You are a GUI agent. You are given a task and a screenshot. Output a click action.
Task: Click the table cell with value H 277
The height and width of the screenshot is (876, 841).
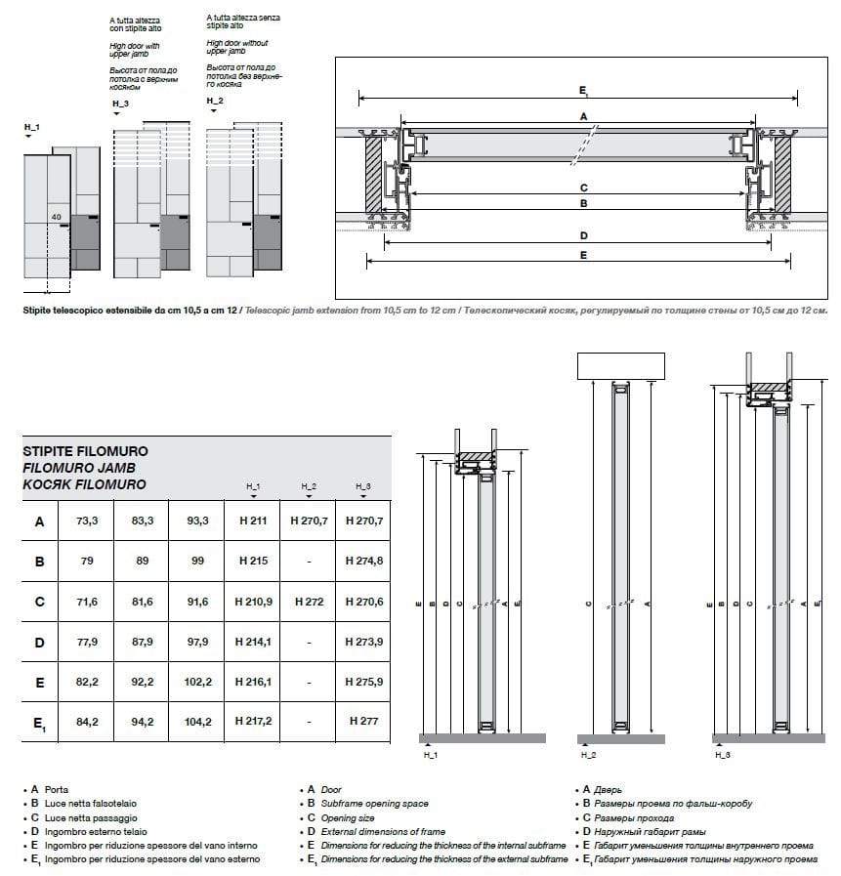click(x=363, y=722)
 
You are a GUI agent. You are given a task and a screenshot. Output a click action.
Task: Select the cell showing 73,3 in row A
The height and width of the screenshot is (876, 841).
click(x=87, y=521)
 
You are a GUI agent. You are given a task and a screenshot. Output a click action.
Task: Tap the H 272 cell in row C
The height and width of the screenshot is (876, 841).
click(x=308, y=602)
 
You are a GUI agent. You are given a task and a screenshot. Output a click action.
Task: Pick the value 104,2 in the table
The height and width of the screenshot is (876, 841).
click(x=196, y=722)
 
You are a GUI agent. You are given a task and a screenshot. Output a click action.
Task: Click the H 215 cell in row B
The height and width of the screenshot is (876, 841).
click(x=252, y=562)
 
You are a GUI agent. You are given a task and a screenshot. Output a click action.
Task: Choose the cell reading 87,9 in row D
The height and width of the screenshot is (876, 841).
click(x=143, y=642)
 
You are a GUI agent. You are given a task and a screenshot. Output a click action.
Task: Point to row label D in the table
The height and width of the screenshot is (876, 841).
click(x=39, y=642)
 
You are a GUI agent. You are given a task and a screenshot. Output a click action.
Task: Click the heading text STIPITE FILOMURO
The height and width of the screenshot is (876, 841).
click(x=85, y=453)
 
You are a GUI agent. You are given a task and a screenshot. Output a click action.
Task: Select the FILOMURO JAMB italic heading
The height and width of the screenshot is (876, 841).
click(x=79, y=469)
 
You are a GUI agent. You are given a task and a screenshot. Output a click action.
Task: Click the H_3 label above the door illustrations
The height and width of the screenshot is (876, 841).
click(x=121, y=104)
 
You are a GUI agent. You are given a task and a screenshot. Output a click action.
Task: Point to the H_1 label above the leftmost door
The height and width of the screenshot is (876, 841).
click(x=32, y=127)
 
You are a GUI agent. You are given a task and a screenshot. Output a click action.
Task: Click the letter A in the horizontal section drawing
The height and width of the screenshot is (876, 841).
click(x=583, y=116)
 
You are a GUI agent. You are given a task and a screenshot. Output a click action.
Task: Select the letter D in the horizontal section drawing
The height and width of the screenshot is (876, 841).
click(x=583, y=235)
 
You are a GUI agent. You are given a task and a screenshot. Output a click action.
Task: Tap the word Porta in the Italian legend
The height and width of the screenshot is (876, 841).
click(x=57, y=789)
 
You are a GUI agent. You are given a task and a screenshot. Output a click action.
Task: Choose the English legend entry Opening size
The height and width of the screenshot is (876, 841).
click(x=348, y=817)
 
